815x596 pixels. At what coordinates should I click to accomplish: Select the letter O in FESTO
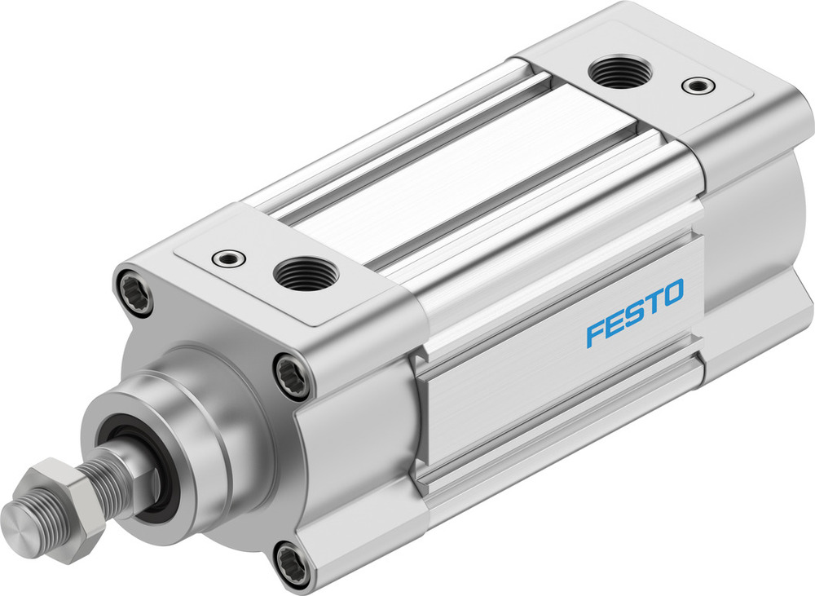pyautogui.click(x=672, y=294)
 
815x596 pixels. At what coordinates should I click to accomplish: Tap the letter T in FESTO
pyautogui.click(x=653, y=303)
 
